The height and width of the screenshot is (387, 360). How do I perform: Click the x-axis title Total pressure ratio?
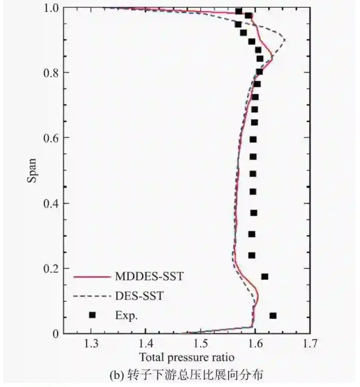pyautogui.click(x=186, y=357)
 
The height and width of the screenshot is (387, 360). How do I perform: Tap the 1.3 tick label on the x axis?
pyautogui.click(x=92, y=344)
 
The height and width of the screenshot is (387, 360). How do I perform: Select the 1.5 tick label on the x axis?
pyautogui.click(x=201, y=344)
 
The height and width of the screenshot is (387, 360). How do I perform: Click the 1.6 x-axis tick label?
pyautogui.click(x=255, y=344)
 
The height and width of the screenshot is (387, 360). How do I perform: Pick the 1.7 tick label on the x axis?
pyautogui.click(x=310, y=344)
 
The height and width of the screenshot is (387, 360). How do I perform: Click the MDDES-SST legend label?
pyautogui.click(x=148, y=277)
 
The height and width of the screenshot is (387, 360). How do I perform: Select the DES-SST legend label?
pyautogui.click(x=139, y=296)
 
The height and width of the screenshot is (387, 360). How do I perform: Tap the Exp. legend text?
pyautogui.click(x=125, y=315)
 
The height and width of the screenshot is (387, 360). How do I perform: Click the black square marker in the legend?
pyautogui.click(x=93, y=315)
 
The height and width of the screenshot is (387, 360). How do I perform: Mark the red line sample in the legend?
pyautogui.click(x=92, y=277)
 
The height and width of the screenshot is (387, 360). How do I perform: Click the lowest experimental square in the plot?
pyautogui.click(x=273, y=316)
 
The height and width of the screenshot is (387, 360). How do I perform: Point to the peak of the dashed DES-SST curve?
pyautogui.click(x=285, y=38)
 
